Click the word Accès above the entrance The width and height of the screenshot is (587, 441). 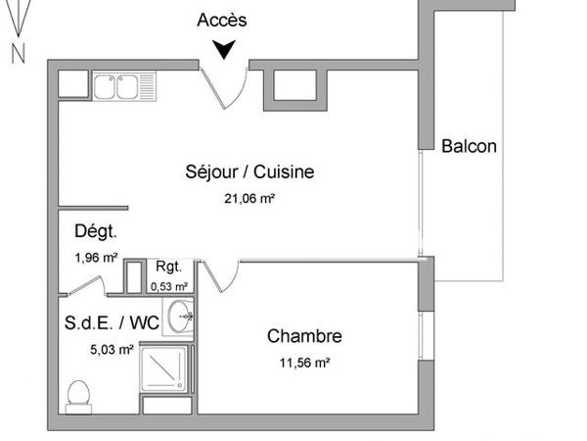click(222, 20)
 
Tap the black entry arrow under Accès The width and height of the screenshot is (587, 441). click(225, 48)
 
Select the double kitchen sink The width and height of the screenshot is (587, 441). click(117, 86)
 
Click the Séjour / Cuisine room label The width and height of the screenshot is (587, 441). click(249, 172)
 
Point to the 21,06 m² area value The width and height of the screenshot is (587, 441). click(249, 197)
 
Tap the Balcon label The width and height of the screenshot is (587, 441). click(469, 147)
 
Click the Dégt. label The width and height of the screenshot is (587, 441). click(95, 232)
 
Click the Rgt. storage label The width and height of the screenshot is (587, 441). click(167, 268)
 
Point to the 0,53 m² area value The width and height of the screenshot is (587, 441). click(170, 286)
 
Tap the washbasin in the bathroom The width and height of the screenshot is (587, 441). click(180, 316)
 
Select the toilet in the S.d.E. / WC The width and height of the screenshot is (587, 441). click(79, 396)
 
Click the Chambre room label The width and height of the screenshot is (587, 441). click(304, 336)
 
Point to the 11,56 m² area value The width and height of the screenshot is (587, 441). click(304, 362)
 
